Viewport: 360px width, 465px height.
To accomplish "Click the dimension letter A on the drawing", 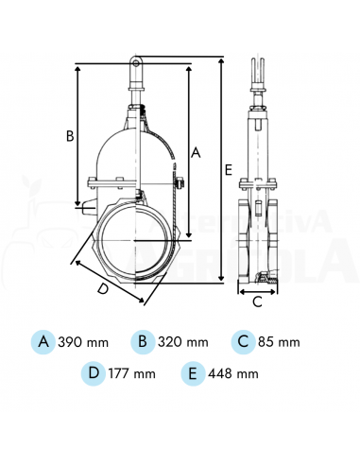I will pyautogui.click(x=196, y=150).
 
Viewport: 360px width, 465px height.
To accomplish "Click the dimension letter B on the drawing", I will pyautogui.click(x=69, y=135).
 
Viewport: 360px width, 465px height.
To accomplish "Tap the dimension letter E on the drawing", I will pyautogui.click(x=230, y=169).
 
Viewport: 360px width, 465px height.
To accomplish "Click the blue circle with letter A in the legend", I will pyautogui.click(x=43, y=341).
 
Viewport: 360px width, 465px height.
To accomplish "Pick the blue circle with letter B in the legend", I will pyautogui.click(x=142, y=341).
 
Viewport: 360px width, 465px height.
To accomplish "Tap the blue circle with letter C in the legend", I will pyautogui.click(x=244, y=341).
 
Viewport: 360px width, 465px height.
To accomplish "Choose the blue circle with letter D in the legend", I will pyautogui.click(x=93, y=373).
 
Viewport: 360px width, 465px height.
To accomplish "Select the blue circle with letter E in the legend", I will pyautogui.click(x=194, y=373).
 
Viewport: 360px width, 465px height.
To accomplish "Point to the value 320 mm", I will pyautogui.click(x=181, y=342).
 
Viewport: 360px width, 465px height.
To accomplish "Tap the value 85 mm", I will pyautogui.click(x=279, y=342).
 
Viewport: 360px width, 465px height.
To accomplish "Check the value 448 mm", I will pyautogui.click(x=233, y=374).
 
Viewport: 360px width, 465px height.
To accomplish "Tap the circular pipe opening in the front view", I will pyautogui.click(x=136, y=242).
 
